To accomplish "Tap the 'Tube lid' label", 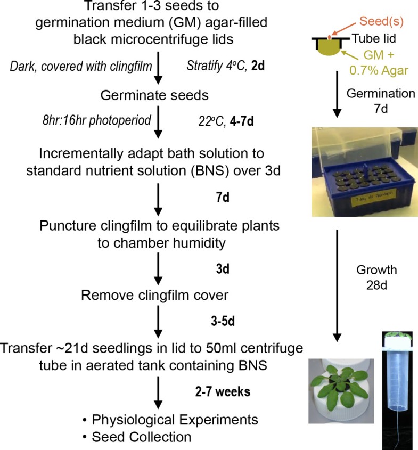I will coord(374,38).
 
